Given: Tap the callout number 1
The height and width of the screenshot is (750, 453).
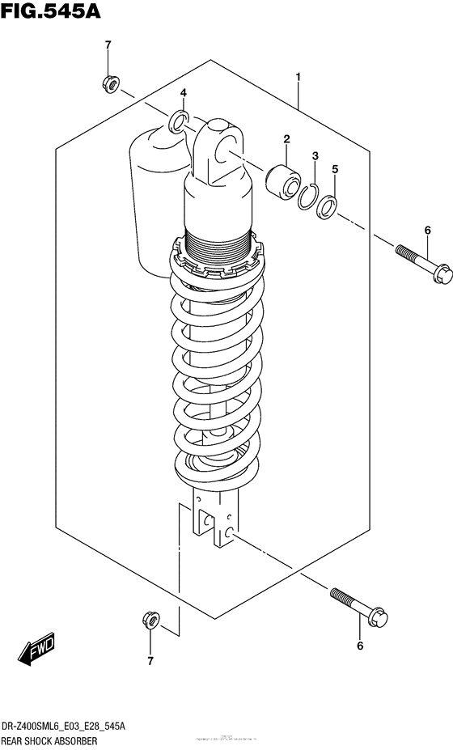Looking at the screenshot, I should click(x=298, y=77).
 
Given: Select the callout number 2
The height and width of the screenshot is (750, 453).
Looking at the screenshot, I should click(x=286, y=140).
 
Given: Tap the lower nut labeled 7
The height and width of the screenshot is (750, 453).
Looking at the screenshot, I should click(x=149, y=620).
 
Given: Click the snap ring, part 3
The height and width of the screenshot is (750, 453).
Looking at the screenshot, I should click(x=307, y=197).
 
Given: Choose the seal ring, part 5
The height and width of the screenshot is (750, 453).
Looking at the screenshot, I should click(x=327, y=206).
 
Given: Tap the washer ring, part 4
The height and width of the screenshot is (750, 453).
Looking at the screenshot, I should click(x=179, y=123).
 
